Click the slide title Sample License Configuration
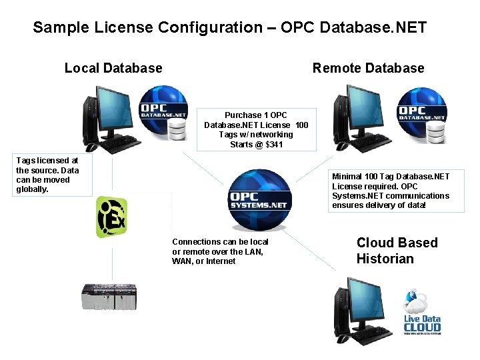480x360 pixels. tap(229, 27)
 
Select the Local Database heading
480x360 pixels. tap(113, 68)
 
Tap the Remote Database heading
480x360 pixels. tap(368, 68)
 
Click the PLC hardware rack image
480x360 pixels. tap(109, 297)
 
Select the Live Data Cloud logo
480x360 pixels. tap(422, 313)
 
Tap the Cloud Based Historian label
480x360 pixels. tap(397, 251)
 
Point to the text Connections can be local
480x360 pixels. tap(220, 242)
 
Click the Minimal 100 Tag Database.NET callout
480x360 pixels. tap(391, 191)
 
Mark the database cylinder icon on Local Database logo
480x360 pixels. tap(177, 131)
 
